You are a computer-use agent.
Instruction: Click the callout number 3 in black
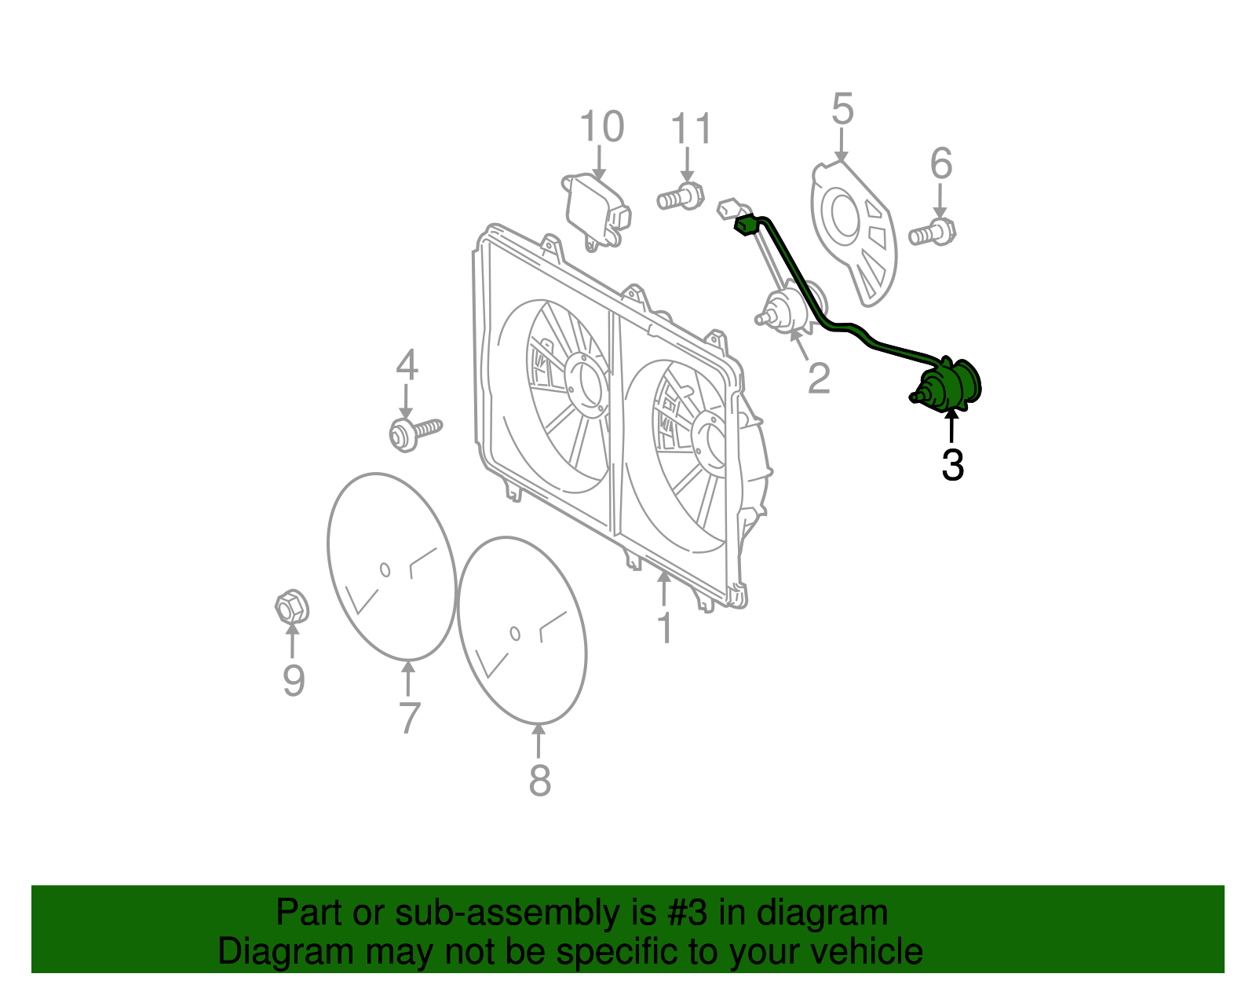952,466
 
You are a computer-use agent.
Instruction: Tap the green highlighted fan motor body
951,386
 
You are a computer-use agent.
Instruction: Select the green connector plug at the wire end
745,225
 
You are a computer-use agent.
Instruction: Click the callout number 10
601,126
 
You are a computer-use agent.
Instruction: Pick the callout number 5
842,109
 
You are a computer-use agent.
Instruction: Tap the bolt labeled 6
933,232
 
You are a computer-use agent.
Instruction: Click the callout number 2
819,379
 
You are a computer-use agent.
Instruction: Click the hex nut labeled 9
291,606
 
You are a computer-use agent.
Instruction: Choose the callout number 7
409,718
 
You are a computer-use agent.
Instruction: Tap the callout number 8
539,780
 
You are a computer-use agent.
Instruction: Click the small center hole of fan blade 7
385,569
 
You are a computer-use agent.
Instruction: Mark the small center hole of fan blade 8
515,633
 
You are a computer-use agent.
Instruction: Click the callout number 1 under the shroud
665,628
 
